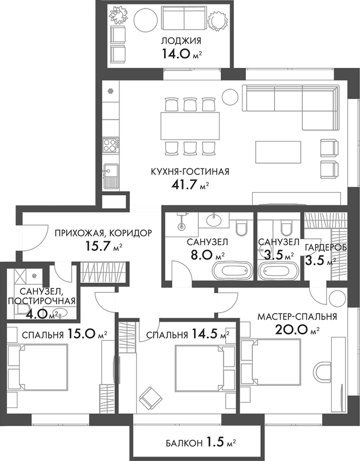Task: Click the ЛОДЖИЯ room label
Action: [181, 41]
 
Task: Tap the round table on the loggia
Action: [145, 20]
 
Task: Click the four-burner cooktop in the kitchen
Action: [110, 144]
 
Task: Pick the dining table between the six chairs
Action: [190, 125]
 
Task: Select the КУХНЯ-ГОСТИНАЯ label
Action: [190, 171]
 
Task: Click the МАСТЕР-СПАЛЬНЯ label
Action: [297, 317]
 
